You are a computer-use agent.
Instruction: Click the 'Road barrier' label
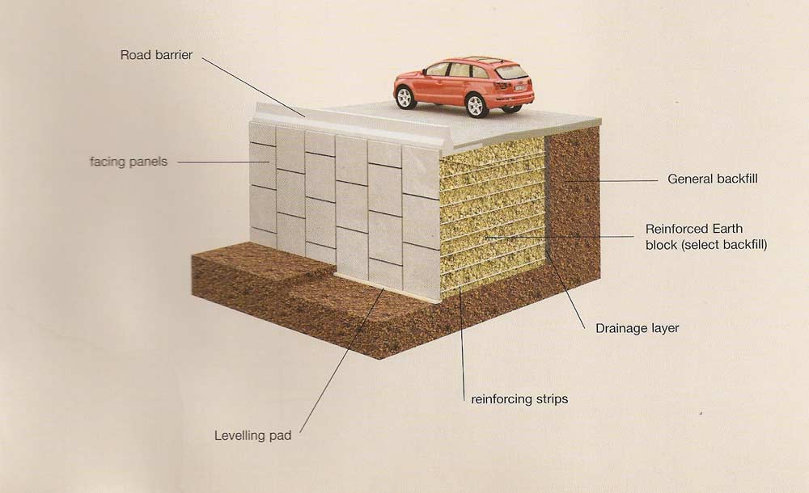[156, 56]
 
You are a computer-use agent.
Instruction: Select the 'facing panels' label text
[128, 162]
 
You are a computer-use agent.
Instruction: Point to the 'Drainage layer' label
[637, 328]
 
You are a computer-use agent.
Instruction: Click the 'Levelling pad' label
[252, 436]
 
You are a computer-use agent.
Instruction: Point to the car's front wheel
[405, 99]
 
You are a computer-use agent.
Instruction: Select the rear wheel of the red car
[476, 105]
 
